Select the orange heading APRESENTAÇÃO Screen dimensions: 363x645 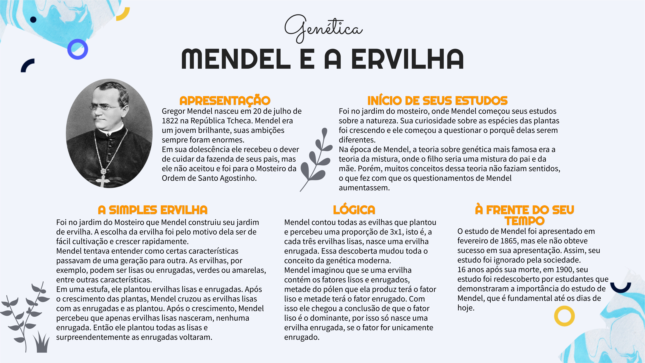[x=225, y=101]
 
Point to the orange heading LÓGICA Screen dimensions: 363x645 [x=354, y=210]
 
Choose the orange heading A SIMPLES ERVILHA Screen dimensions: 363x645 [x=153, y=210]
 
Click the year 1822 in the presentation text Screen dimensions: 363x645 [x=170, y=121]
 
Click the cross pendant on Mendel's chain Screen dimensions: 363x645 [x=102, y=180]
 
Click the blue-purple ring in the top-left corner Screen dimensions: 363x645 [x=78, y=49]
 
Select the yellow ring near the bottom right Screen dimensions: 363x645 [x=564, y=316]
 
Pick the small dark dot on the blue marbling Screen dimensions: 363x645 [x=33, y=19]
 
